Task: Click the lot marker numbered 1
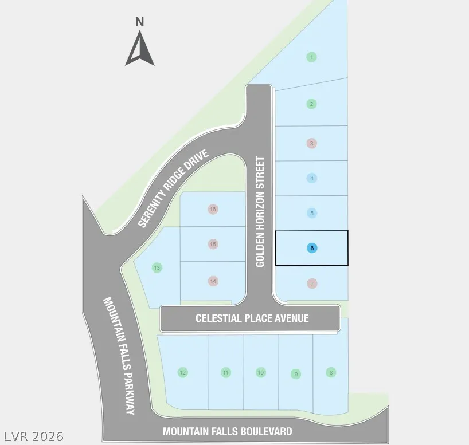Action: point(312,57)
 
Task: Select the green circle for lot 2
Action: point(312,104)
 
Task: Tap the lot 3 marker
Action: point(312,143)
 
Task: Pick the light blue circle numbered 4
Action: point(312,179)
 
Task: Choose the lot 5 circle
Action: point(312,213)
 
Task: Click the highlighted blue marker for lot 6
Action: point(312,248)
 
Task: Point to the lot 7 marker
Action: point(312,283)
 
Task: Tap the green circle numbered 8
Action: point(331,372)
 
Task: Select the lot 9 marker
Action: point(296,374)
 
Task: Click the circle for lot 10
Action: point(261,372)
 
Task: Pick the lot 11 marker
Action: point(225,372)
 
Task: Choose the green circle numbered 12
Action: point(182,372)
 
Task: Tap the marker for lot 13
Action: point(157,267)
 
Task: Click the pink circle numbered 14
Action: point(213,281)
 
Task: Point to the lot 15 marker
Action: point(213,244)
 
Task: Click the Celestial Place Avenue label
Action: point(252,318)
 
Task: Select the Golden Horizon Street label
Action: point(260,211)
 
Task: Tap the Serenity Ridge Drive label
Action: point(173,188)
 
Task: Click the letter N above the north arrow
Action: point(140,22)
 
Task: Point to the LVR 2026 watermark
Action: point(34,436)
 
